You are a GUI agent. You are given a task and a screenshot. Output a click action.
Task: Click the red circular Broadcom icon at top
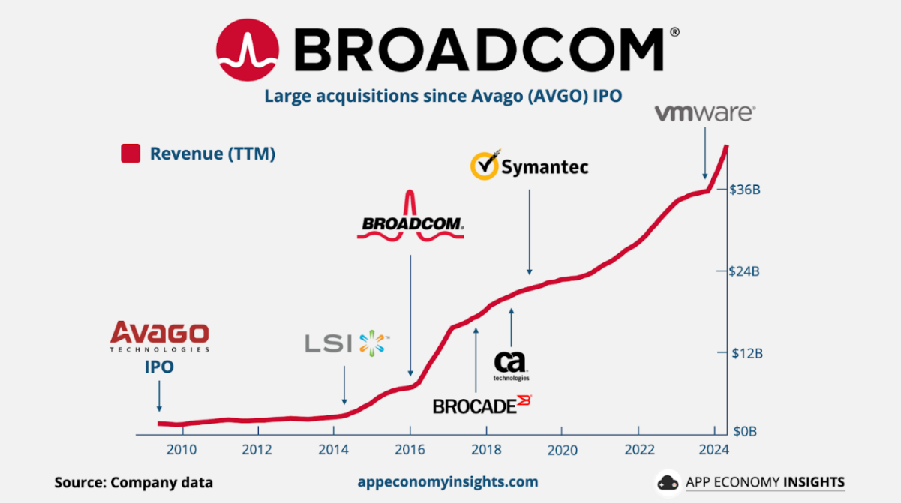coord(248,51)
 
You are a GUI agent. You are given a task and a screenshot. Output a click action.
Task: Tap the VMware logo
coord(704,113)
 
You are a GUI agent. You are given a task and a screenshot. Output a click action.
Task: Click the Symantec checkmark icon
coord(484,166)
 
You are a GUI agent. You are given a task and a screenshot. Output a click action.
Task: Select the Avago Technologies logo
coord(159,337)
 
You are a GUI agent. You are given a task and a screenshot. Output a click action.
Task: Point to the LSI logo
coord(347,343)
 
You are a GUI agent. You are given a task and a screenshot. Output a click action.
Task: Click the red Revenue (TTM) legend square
coord(131,154)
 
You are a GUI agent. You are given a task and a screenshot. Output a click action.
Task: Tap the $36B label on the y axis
coord(745,190)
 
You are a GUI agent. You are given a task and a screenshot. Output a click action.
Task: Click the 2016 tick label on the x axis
coord(410,449)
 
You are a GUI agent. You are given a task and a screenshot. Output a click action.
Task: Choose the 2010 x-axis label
coord(181,449)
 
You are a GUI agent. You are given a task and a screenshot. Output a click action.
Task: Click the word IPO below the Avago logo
coord(159,367)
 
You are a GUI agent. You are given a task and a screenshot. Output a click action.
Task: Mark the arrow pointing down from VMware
coord(705,153)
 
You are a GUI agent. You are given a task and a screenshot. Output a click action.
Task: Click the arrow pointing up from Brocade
coord(476,360)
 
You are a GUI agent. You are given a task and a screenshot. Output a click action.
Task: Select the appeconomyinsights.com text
coord(449,481)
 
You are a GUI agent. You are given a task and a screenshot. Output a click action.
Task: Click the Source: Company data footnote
coord(134,482)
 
